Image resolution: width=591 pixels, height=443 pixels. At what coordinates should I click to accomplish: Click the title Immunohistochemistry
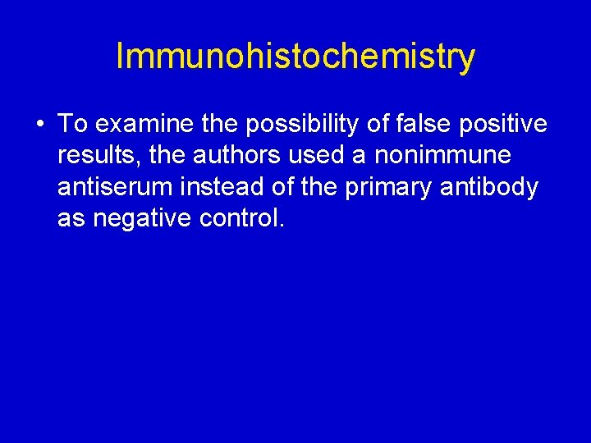coord(295,57)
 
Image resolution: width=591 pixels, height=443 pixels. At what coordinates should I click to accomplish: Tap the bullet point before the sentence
coord(39,125)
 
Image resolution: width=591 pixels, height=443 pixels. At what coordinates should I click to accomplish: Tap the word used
coord(316,156)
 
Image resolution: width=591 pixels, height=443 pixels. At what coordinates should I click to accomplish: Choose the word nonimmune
coord(442,156)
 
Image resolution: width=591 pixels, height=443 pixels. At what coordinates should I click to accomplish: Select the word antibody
coord(493,187)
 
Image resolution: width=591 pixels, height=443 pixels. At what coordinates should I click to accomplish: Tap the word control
coord(244,218)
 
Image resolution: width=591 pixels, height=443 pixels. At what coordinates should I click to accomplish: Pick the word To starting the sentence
coord(72,125)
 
